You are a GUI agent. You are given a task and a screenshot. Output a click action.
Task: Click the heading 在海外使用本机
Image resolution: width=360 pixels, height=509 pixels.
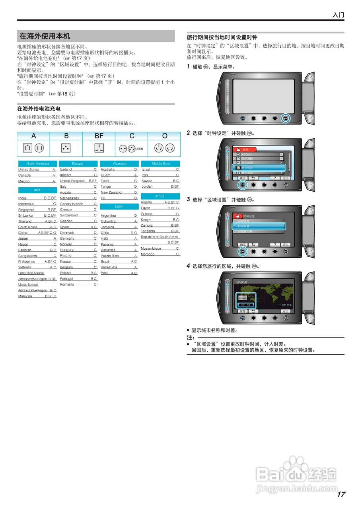click(x=45, y=36)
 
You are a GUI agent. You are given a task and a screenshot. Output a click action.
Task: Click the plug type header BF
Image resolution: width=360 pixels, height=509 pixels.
click(x=99, y=136)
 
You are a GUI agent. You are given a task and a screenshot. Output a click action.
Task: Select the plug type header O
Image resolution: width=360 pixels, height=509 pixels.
click(x=165, y=136)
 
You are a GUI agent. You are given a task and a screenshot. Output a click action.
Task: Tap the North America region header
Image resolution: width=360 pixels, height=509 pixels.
click(x=37, y=163)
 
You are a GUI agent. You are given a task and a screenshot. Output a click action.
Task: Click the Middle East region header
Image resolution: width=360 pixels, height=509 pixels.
click(x=161, y=163)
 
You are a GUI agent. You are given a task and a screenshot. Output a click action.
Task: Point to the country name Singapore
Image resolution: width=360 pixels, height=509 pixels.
click(x=26, y=210)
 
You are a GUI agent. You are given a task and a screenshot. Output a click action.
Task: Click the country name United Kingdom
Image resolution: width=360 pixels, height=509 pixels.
click(x=73, y=181)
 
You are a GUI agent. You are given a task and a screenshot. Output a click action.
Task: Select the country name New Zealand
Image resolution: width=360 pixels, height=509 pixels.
click(x=111, y=192)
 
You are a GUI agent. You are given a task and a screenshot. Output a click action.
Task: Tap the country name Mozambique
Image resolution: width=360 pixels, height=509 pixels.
click(x=151, y=249)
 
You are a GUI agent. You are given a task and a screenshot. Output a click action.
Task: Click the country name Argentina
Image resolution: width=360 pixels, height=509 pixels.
click(x=108, y=216)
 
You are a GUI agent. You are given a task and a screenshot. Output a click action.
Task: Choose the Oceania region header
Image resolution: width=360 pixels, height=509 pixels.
click(x=119, y=163)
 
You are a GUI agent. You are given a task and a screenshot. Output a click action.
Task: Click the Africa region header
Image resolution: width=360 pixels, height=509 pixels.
click(x=160, y=196)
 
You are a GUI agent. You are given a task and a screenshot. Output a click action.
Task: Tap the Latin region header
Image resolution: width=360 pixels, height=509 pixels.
click(x=119, y=206)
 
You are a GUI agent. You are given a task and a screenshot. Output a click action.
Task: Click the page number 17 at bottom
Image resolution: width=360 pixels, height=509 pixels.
click(x=341, y=494)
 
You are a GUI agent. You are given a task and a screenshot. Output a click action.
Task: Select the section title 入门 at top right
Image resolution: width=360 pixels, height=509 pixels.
click(x=338, y=15)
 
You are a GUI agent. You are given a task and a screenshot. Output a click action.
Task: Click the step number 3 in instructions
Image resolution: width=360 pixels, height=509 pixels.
click(x=189, y=199)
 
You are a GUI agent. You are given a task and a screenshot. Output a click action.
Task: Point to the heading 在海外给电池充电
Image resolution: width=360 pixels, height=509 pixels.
click(x=39, y=109)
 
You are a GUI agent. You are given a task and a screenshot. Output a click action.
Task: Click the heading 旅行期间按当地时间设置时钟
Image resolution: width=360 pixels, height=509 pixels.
click(x=222, y=37)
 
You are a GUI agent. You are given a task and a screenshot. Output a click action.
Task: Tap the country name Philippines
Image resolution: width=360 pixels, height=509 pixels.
click(x=27, y=262)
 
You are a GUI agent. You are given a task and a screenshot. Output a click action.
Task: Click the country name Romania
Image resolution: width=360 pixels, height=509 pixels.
click(x=66, y=285)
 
